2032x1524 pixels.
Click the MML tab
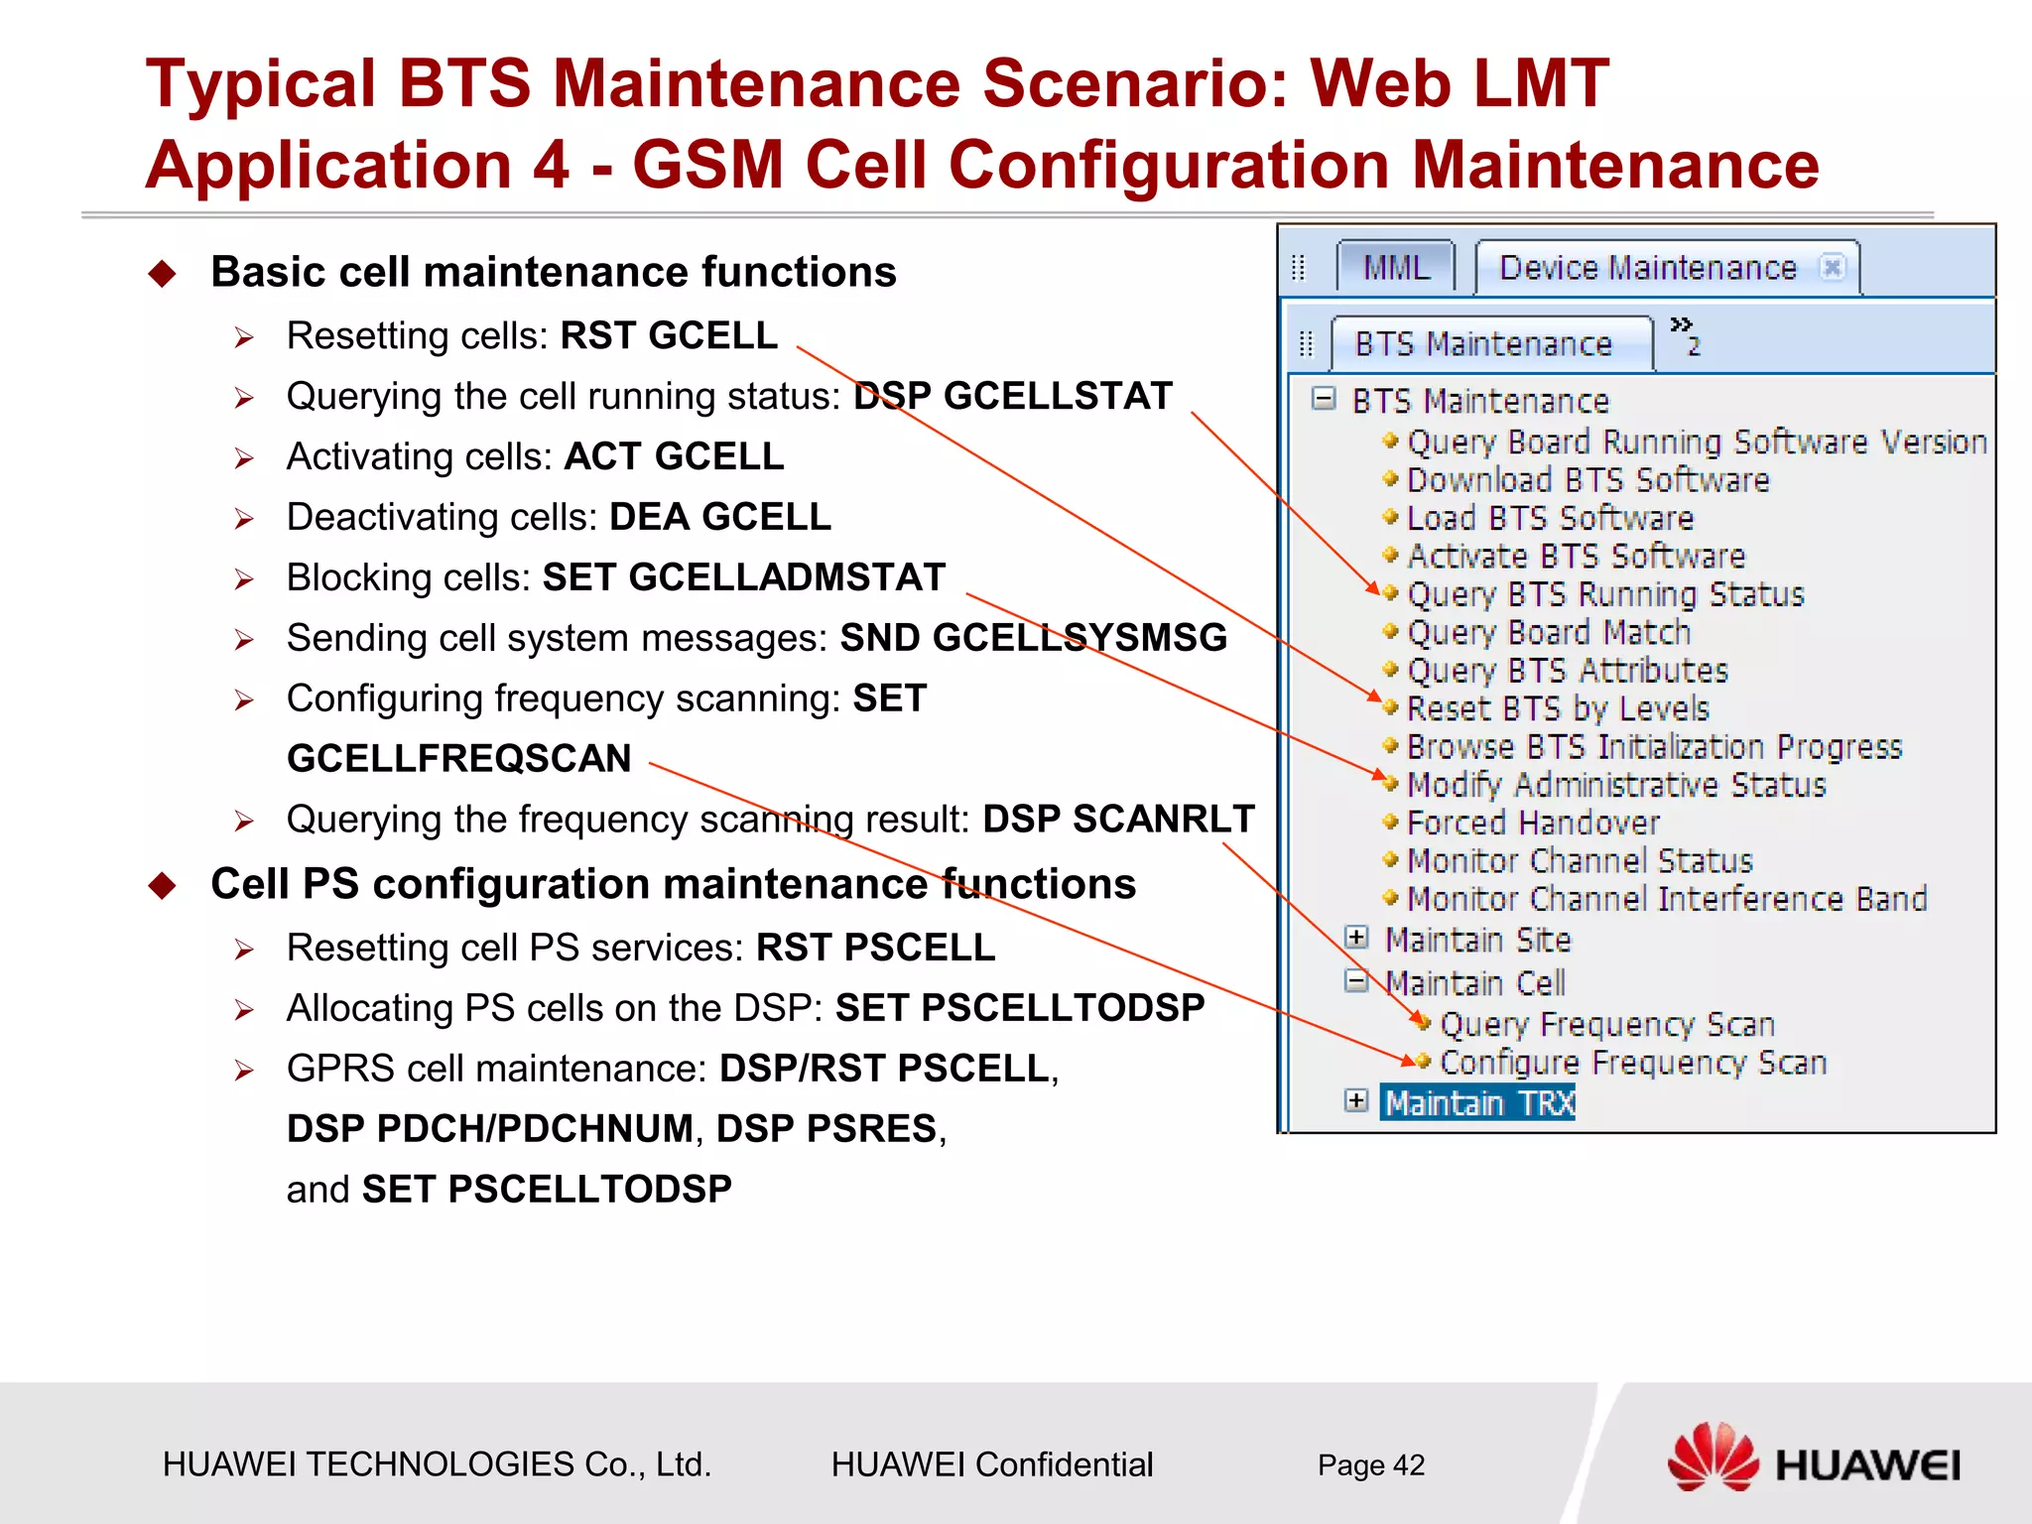[1395, 268]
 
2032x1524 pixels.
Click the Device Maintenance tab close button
[1832, 268]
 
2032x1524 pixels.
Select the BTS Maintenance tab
[1483, 344]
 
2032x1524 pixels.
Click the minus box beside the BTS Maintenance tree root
[1323, 399]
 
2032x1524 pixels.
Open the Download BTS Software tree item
[1587, 480]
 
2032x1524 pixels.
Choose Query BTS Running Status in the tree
[1604, 594]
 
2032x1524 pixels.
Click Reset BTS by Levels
[1558, 708]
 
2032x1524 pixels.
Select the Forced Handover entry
[1533, 823]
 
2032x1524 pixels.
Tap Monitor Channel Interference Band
[1667, 899]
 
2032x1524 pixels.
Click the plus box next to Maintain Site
[1356, 938]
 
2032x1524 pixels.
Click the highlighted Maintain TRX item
[1478, 1102]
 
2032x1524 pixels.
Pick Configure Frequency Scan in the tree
[1632, 1063]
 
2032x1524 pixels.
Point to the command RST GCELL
[669, 335]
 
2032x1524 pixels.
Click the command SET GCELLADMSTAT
[744, 577]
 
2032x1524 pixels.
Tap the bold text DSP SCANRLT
[1118, 819]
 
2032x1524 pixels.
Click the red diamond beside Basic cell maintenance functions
[162, 273]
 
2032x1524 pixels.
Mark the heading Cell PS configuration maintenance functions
[673, 883]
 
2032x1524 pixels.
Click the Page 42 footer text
[1370, 1464]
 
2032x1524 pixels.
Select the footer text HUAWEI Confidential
[991, 1464]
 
